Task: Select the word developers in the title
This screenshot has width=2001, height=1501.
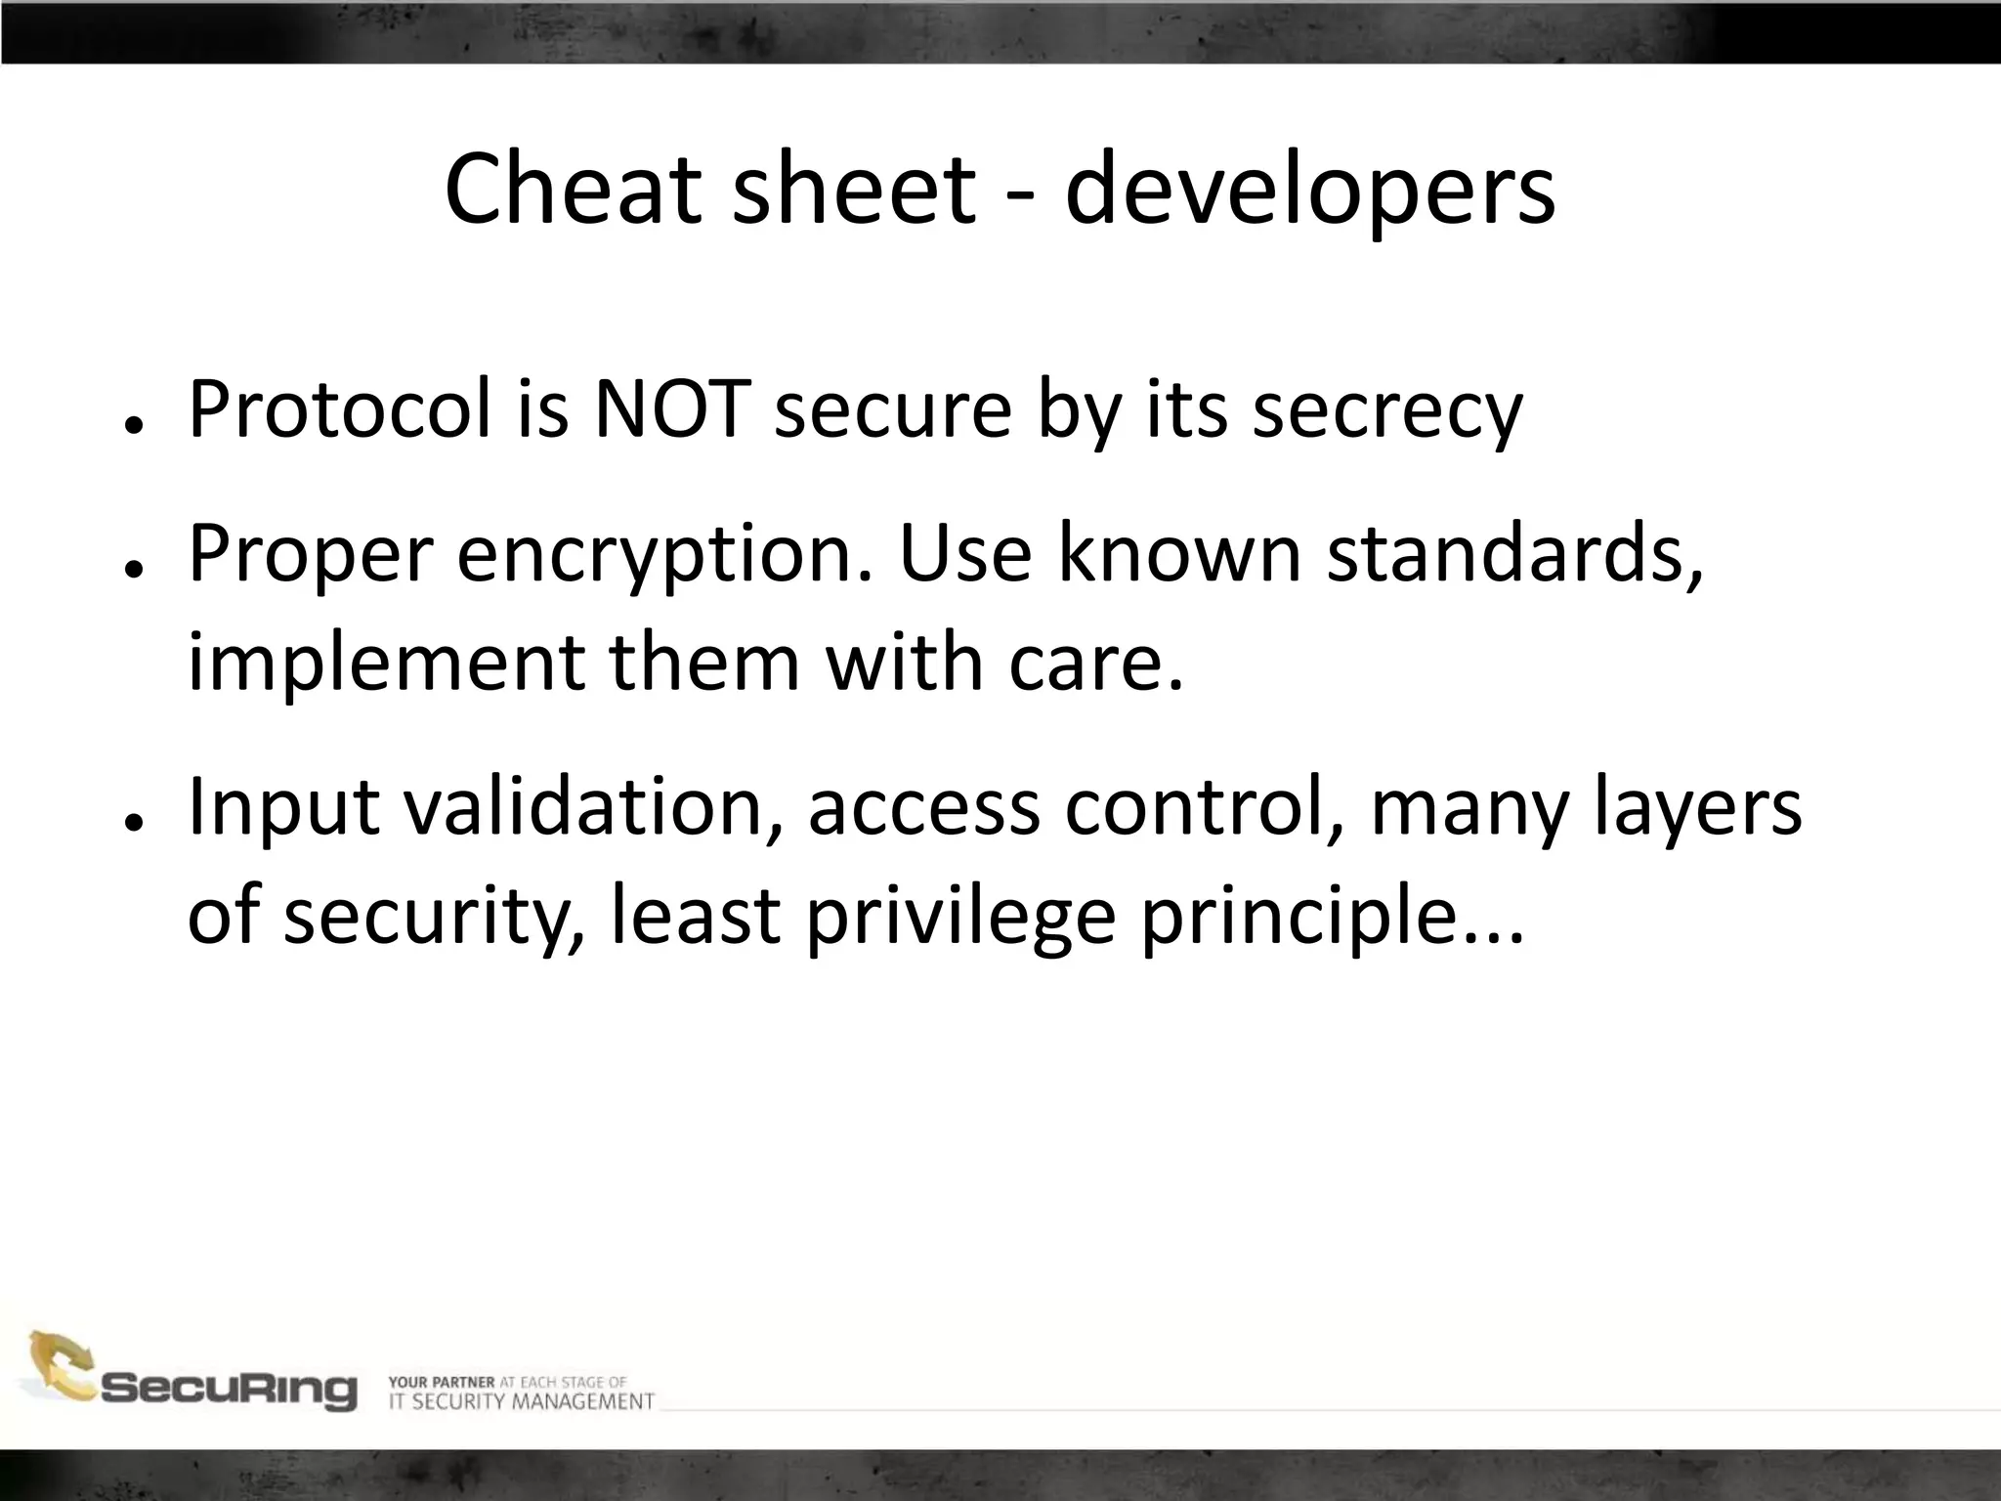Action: pyautogui.click(x=1309, y=192)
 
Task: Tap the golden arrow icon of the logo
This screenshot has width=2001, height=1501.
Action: pyautogui.click(x=59, y=1364)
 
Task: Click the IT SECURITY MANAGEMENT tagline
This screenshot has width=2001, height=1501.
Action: pyautogui.click(x=521, y=1401)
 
